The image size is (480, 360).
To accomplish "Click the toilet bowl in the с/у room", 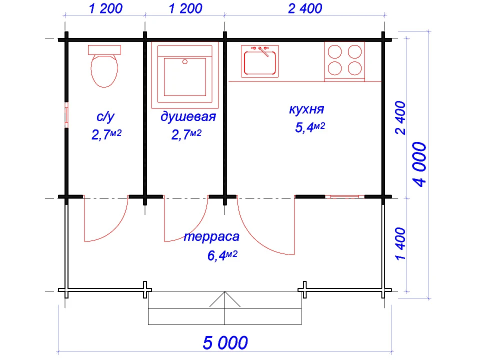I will tap(104, 70).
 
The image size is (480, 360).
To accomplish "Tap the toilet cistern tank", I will tap(104, 49).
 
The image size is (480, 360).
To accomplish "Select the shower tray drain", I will tap(185, 62).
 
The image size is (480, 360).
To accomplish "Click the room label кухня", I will tap(306, 109).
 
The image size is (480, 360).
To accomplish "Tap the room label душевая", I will tap(188, 117).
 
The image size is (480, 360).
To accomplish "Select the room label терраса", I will tap(211, 236).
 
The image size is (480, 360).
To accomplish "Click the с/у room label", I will tap(105, 117).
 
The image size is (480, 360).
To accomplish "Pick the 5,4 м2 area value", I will tap(310, 127).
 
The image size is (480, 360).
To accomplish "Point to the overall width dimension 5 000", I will tap(225, 343).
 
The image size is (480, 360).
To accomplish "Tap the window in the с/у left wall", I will tap(66, 114).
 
